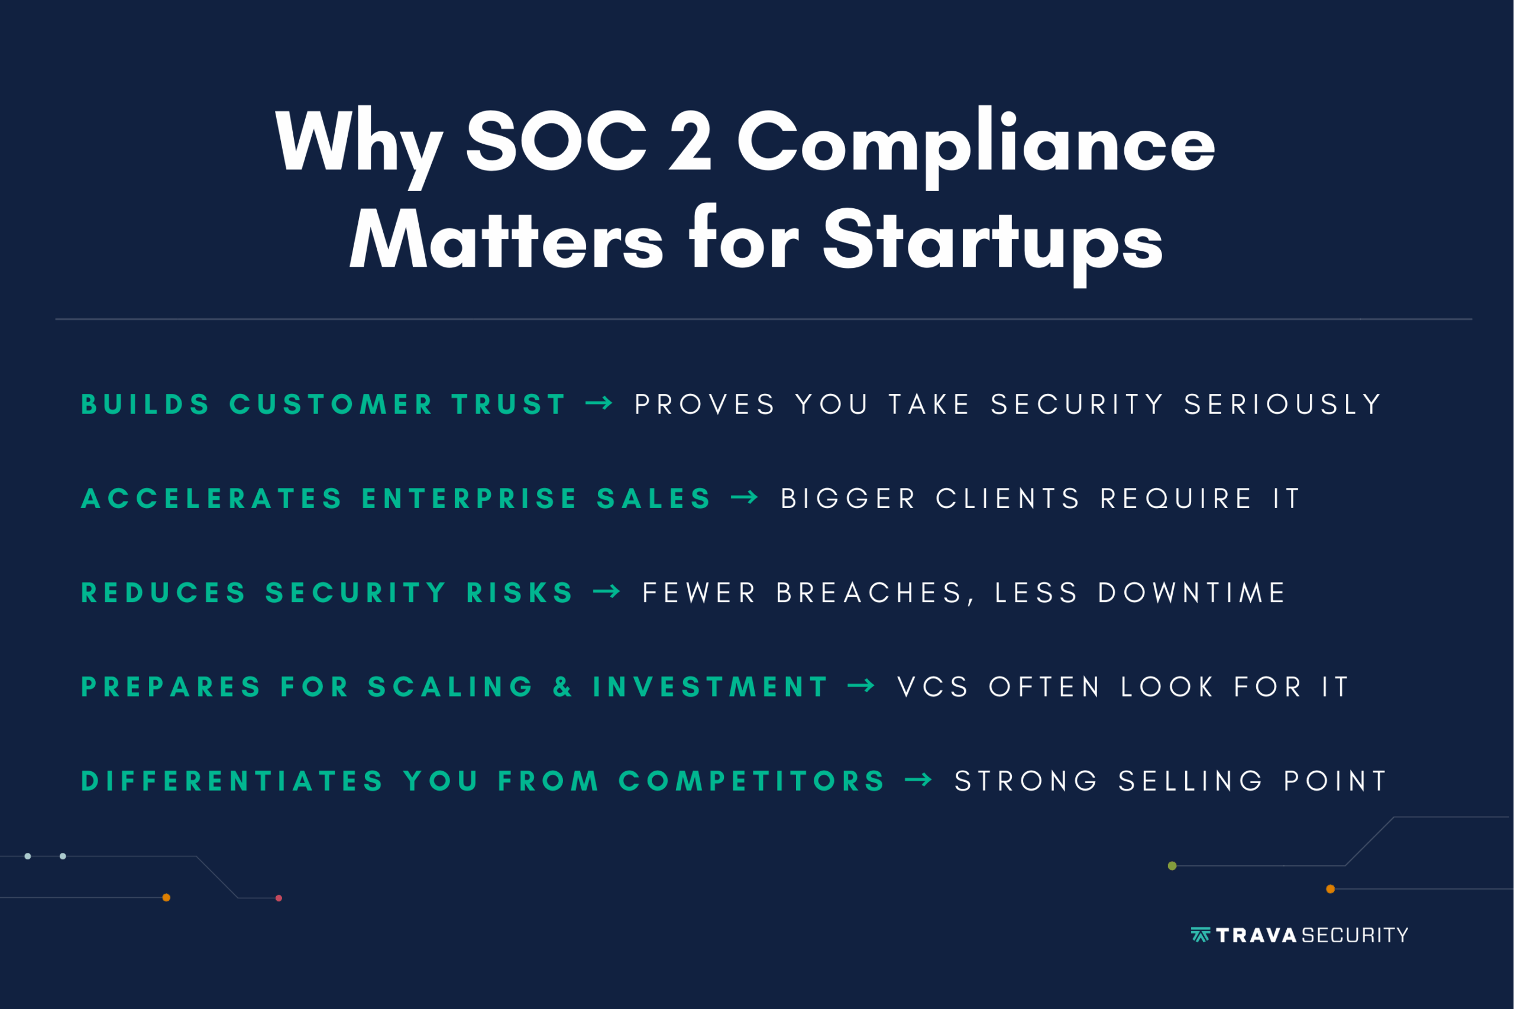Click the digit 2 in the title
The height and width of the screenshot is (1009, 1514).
point(690,140)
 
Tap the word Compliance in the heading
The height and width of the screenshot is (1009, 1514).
point(976,147)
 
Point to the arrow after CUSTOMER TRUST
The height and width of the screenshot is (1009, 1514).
point(599,403)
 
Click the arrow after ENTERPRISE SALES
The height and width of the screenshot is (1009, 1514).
point(745,497)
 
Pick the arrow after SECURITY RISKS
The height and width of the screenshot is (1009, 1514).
point(606,591)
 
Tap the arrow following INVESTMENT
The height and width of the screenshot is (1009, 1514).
point(861,685)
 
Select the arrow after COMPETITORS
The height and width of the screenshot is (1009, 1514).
point(918,780)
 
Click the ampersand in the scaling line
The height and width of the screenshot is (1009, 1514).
point(562,686)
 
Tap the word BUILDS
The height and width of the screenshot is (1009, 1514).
point(145,404)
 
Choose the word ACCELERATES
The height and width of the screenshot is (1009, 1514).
point(212,498)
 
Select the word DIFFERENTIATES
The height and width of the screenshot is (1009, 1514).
point(232,781)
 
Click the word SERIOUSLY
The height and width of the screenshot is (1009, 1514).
point(1282,404)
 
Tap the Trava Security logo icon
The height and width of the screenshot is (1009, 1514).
point(1201,934)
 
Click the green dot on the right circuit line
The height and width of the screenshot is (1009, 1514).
point(1172,865)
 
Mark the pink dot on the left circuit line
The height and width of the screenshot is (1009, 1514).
point(279,898)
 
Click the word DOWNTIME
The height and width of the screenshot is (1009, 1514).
point(1192,592)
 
